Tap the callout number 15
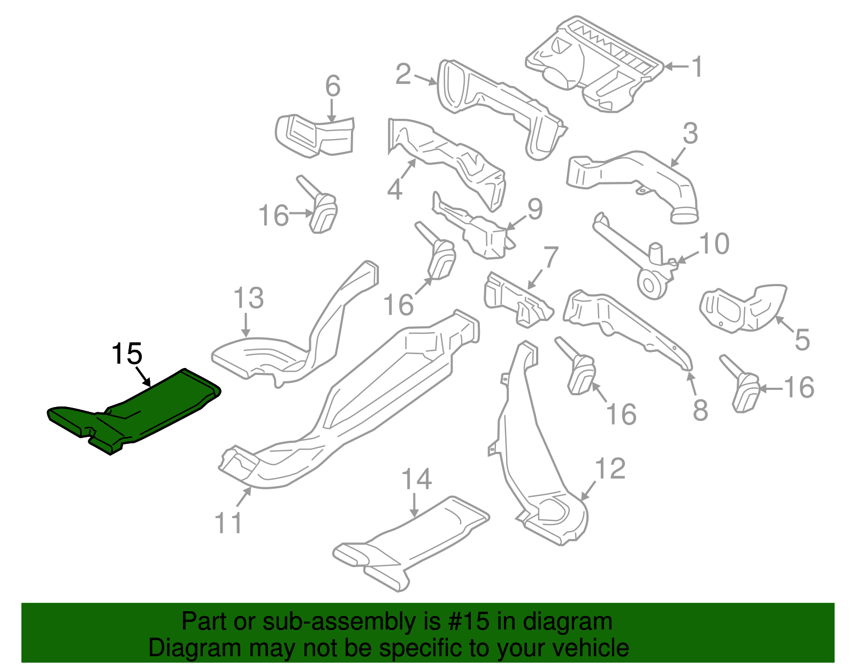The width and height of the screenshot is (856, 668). click(127, 354)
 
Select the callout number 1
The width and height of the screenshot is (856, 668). click(696, 66)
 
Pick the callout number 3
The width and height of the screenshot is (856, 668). click(690, 133)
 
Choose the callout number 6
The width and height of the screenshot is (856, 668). click(333, 86)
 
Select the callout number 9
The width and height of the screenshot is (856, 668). click(535, 209)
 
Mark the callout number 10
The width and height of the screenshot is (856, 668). click(714, 244)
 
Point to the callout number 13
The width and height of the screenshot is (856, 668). click(249, 298)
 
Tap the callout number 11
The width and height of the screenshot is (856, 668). click(228, 523)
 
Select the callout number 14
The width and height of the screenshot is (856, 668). click(416, 479)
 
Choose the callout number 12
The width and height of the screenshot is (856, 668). click(610, 469)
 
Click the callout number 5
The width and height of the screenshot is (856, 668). click(801, 340)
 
